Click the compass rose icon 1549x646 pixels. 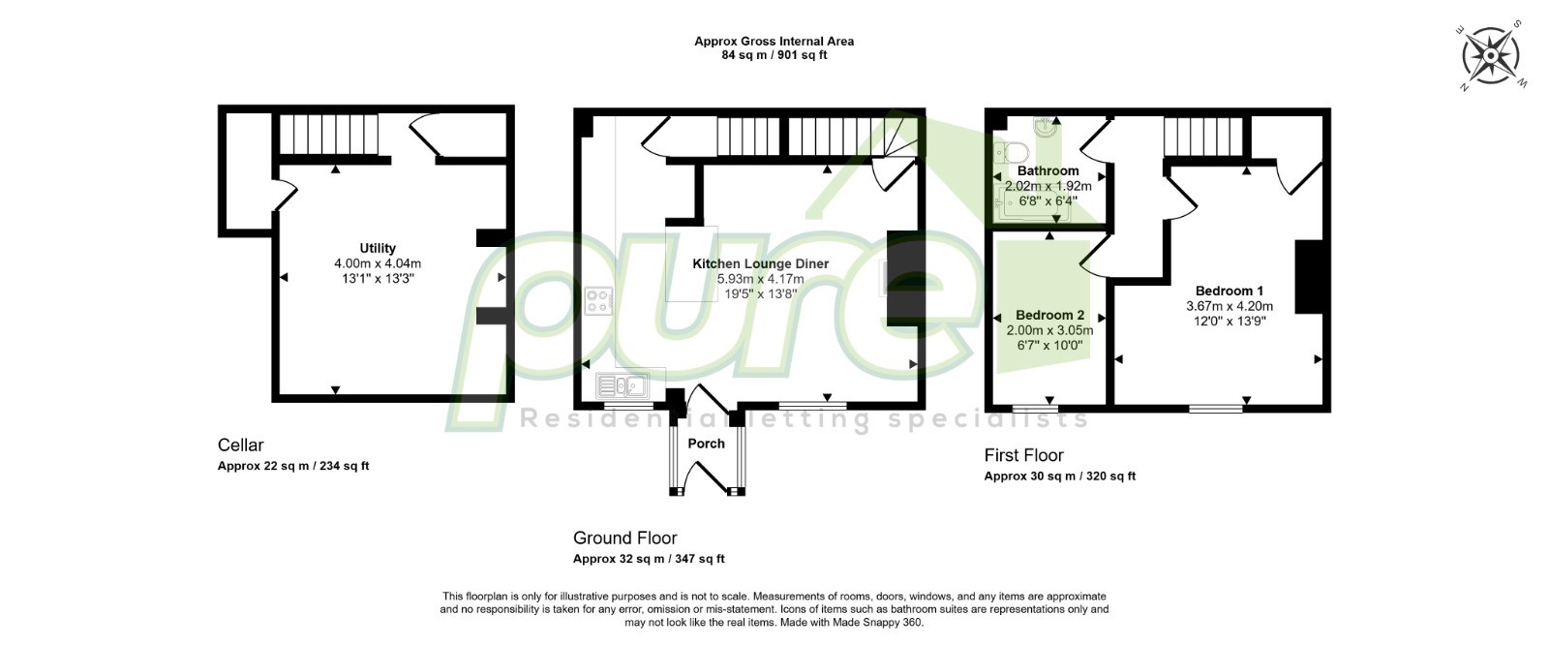pyautogui.click(x=1491, y=55)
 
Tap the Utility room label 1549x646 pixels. pyautogui.click(x=378, y=248)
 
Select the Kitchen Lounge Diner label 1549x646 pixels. pyautogui.click(x=761, y=263)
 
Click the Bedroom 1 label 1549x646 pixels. pyautogui.click(x=1230, y=291)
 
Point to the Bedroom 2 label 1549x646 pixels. pyautogui.click(x=1049, y=316)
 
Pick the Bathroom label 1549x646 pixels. pyautogui.click(x=1048, y=170)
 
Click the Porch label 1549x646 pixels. pyautogui.click(x=706, y=444)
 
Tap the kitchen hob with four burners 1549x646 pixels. pyautogui.click(x=599, y=301)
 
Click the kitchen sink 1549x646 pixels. pyautogui.click(x=623, y=385)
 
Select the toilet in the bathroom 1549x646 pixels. pyautogui.click(x=1011, y=151)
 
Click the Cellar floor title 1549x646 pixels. pyautogui.click(x=241, y=445)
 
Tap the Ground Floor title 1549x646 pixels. pyautogui.click(x=625, y=538)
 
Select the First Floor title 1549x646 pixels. pyautogui.click(x=1024, y=455)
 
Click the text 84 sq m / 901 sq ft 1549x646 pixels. pyautogui.click(x=774, y=55)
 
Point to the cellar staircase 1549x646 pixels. pyautogui.click(x=329, y=135)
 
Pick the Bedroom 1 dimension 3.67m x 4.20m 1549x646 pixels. pyautogui.click(x=1230, y=306)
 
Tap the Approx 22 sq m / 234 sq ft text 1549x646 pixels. pyautogui.click(x=293, y=466)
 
